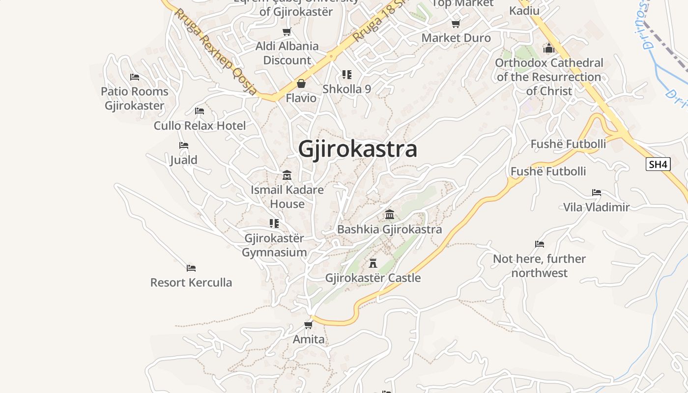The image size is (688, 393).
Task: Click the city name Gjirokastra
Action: coord(358,149)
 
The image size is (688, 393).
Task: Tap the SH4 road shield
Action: coord(658,164)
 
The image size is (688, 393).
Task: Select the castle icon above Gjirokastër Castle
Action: coord(373,263)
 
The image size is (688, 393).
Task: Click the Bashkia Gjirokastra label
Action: coord(389,229)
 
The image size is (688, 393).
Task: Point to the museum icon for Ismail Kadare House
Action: coord(287,175)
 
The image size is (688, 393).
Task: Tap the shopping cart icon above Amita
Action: coord(309,325)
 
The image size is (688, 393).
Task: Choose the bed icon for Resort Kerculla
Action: coord(191,268)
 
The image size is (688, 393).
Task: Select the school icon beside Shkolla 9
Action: coord(347,75)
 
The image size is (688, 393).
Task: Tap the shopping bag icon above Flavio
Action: coord(301,84)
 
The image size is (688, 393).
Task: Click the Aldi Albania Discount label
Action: coord(287,53)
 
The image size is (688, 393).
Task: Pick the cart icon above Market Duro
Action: coord(456,24)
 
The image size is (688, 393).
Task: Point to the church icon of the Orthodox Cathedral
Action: coord(549,48)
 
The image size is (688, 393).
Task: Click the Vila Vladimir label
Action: coord(596,207)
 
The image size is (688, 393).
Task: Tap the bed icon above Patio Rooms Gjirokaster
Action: coord(135,77)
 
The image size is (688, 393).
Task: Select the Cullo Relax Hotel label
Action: coord(200,126)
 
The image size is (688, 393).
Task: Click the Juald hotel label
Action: coord(184,160)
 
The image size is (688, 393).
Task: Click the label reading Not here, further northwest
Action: coord(539,266)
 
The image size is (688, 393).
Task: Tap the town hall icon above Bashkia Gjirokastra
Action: coord(390,215)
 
